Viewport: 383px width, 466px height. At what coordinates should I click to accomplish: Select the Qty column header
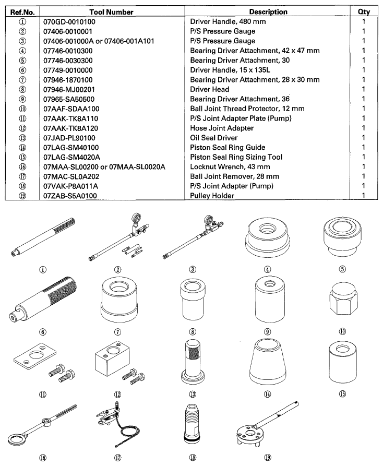tap(364, 11)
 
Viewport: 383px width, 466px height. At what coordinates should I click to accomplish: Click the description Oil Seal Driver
tap(213, 138)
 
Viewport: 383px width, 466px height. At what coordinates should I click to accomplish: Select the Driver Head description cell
tap(210, 89)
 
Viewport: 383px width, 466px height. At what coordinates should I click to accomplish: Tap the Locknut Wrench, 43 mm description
tap(228, 167)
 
